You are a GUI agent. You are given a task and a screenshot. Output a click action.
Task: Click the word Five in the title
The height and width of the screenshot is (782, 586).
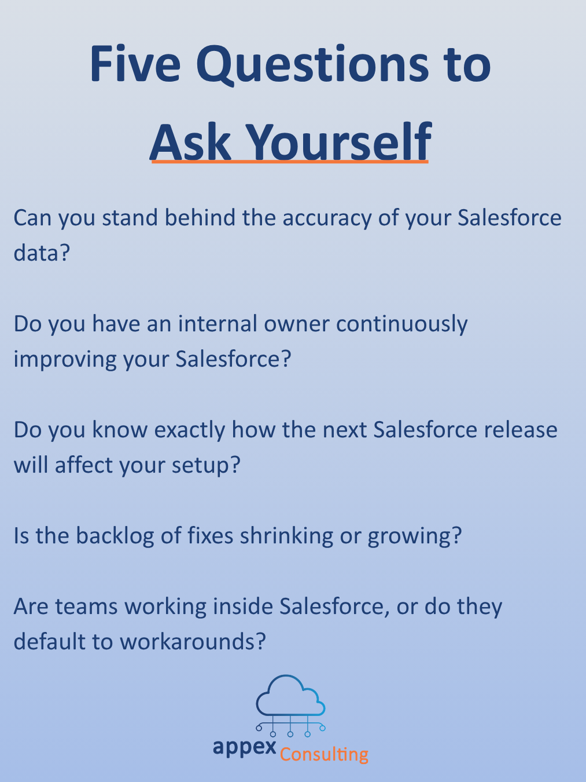[135, 64]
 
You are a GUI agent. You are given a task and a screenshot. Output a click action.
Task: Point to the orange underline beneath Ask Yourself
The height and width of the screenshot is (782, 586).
[289, 162]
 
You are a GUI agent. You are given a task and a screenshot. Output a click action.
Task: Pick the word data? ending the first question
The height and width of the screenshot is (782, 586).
[41, 253]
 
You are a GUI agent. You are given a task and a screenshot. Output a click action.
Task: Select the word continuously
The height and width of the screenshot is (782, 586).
[401, 324]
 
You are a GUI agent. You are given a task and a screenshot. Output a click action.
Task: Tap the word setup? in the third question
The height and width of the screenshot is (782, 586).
[205, 465]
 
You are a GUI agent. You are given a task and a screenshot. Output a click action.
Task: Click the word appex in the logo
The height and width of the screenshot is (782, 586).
[244, 747]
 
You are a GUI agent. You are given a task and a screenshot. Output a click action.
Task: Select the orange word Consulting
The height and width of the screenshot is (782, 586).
[324, 754]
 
